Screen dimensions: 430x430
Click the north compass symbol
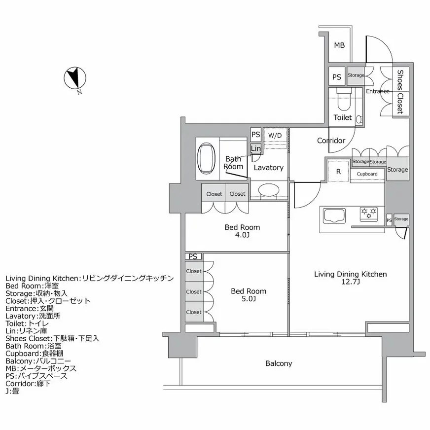[75, 78]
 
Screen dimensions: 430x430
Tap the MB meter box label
[339, 45]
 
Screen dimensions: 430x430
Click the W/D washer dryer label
[275, 135]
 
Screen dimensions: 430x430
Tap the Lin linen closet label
[255, 148]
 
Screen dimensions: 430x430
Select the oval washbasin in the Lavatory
[269, 190]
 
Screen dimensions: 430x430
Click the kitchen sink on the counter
[335, 216]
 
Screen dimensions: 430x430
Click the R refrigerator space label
[338, 172]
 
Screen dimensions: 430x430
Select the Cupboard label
[367, 174]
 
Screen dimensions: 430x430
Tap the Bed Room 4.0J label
[242, 231]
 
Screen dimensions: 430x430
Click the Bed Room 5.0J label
[249, 295]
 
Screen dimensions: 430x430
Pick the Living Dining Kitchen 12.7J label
[351, 278]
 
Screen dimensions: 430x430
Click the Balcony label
[279, 363]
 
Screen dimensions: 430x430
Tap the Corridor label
[331, 141]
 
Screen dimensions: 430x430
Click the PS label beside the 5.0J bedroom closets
[193, 256]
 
